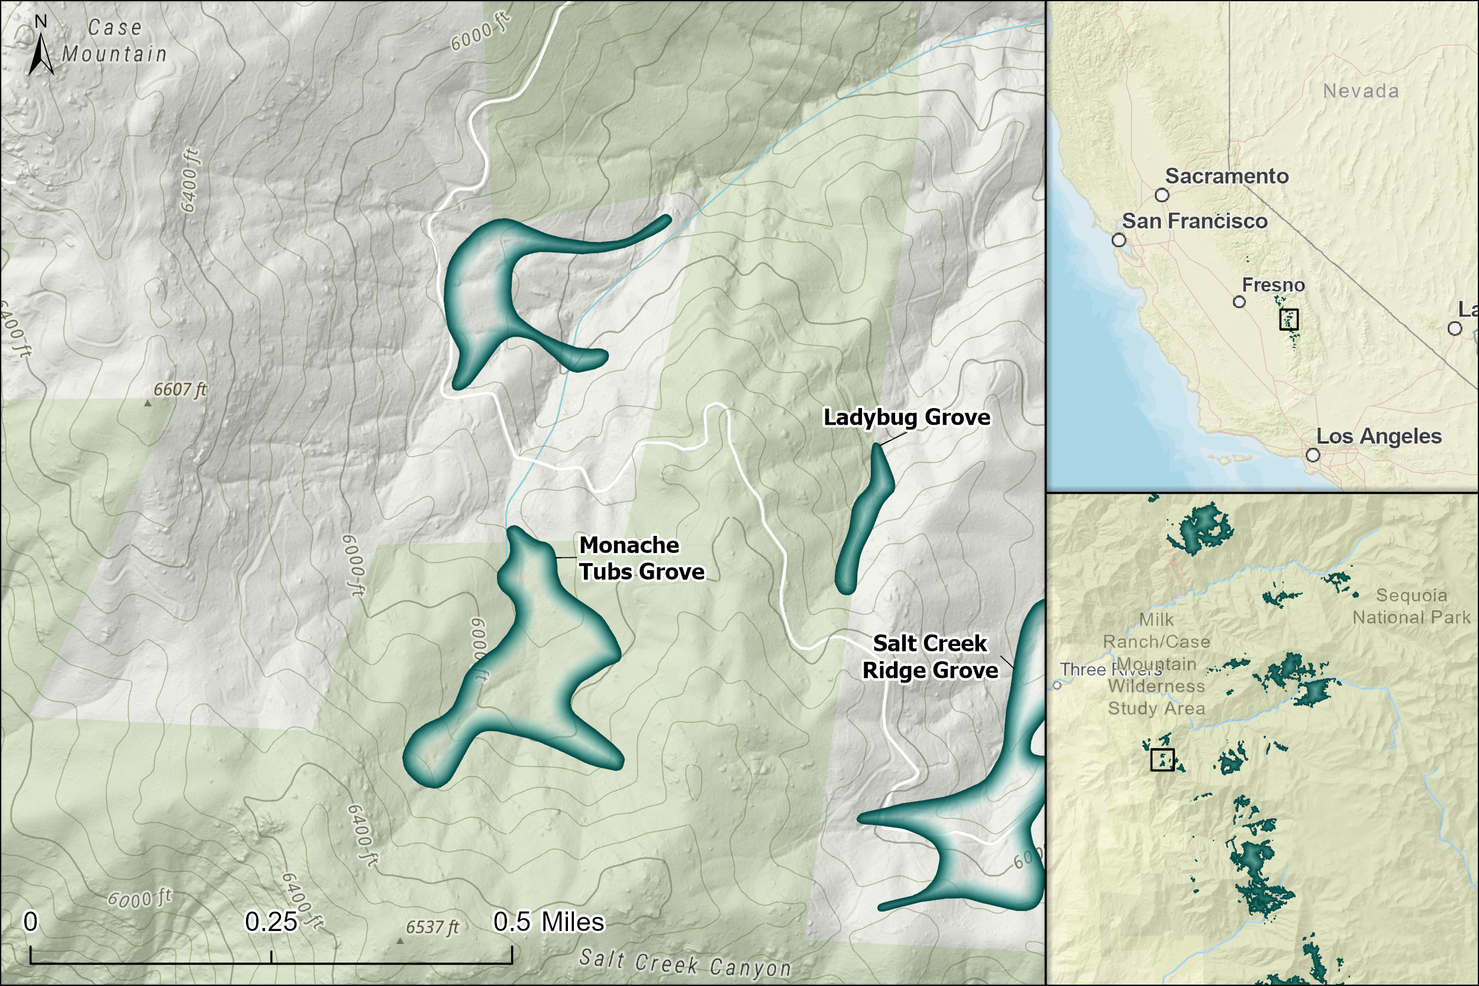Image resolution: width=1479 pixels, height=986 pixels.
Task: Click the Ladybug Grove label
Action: click(906, 417)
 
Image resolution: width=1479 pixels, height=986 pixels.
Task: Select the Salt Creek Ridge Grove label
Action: click(929, 657)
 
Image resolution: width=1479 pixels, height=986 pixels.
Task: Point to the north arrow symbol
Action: click(41, 53)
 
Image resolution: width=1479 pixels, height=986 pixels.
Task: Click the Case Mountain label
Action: click(114, 41)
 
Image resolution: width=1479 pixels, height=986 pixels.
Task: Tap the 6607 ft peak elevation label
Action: click(180, 389)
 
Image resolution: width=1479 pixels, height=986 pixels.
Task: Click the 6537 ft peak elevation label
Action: click(432, 927)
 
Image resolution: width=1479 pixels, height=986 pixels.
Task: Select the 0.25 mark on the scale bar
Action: click(271, 922)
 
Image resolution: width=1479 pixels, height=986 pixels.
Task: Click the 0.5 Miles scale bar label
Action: click(548, 922)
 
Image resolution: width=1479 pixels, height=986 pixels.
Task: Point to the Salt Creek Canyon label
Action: click(685, 964)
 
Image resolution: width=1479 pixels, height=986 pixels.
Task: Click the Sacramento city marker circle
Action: click(1162, 195)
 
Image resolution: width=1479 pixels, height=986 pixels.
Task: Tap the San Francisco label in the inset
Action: click(1195, 221)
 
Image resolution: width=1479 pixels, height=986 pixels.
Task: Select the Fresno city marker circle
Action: click(1239, 302)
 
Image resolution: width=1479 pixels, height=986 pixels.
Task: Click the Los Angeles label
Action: click(1378, 436)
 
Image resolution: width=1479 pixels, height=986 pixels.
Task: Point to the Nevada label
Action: click(1361, 91)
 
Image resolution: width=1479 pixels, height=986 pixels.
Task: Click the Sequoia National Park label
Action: click(1411, 606)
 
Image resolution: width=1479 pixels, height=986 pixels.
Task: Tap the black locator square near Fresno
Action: click(1289, 319)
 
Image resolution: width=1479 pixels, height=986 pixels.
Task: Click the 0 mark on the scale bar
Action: click(30, 922)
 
